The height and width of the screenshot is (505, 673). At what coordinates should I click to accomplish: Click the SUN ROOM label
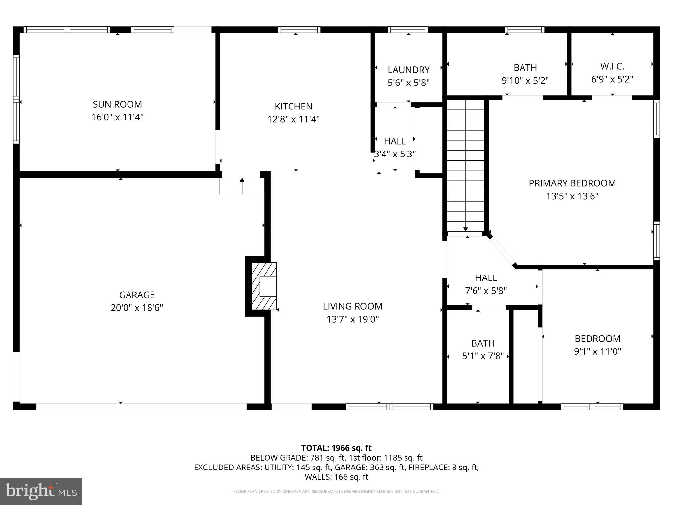pyautogui.click(x=117, y=104)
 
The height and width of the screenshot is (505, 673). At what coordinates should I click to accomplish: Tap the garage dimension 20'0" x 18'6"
pyautogui.click(x=137, y=308)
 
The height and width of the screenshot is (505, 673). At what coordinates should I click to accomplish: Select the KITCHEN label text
pyautogui.click(x=293, y=107)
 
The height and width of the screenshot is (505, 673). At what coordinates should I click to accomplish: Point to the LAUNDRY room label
pyautogui.click(x=408, y=70)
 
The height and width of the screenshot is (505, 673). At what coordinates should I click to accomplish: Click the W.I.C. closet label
pyautogui.click(x=612, y=67)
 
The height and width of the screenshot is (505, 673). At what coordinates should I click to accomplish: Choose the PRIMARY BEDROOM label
pyautogui.click(x=572, y=183)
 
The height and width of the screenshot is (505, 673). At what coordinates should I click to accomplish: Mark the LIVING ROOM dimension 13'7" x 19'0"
pyautogui.click(x=353, y=319)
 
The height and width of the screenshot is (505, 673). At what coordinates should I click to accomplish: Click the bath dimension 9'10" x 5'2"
pyautogui.click(x=525, y=81)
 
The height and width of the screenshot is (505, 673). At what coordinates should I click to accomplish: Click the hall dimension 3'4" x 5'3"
pyautogui.click(x=395, y=154)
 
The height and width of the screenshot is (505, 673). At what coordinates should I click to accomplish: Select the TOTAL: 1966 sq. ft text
pyautogui.click(x=336, y=448)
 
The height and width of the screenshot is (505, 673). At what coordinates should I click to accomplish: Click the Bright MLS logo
pyautogui.click(x=41, y=491)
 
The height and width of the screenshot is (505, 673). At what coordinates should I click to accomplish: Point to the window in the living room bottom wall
pyautogui.click(x=390, y=407)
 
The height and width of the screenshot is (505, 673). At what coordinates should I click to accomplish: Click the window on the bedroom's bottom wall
pyautogui.click(x=592, y=407)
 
